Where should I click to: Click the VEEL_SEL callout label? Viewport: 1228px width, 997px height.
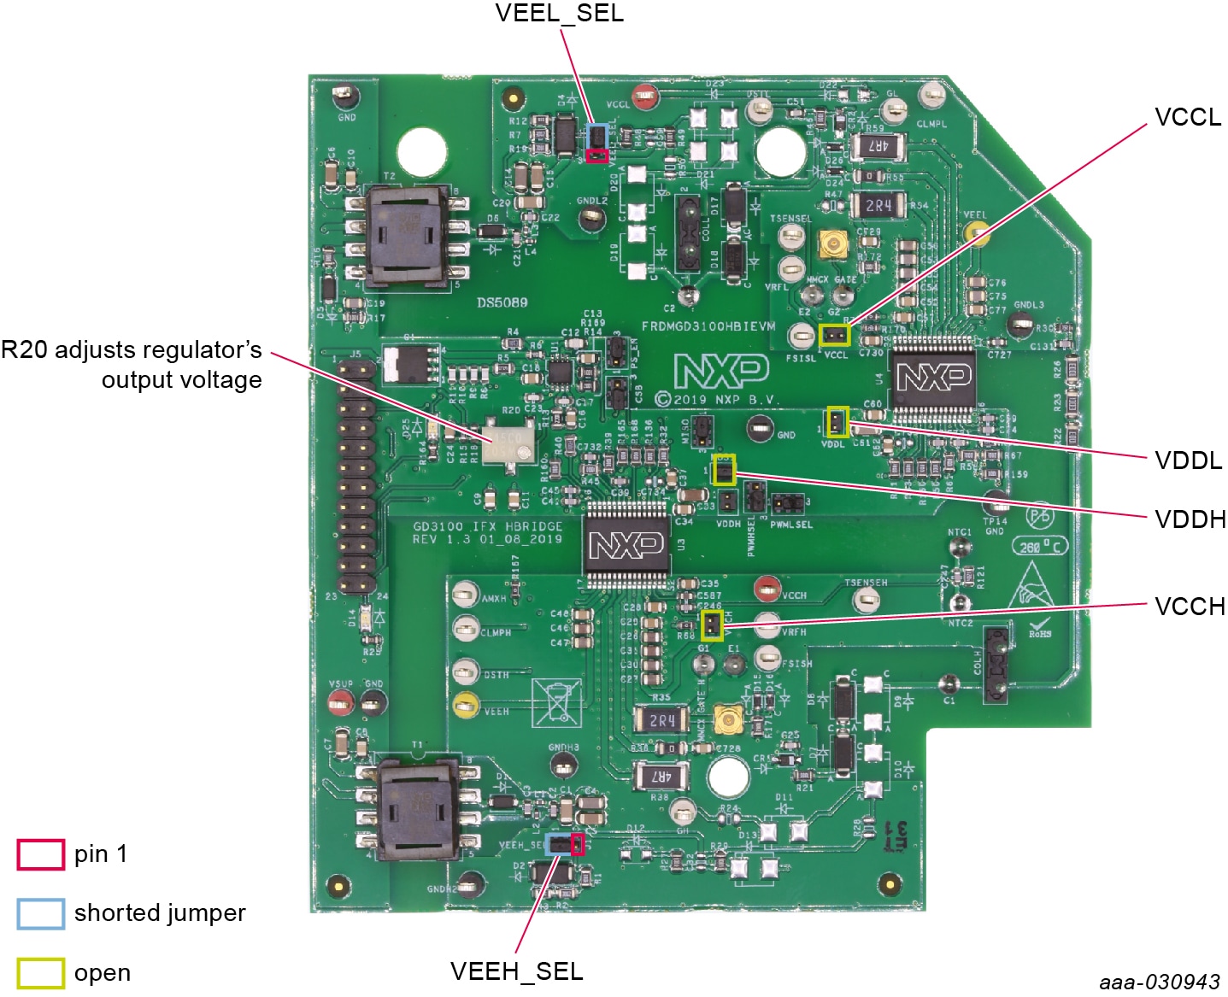click(x=559, y=14)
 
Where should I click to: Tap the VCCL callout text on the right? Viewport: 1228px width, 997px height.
click(x=1188, y=117)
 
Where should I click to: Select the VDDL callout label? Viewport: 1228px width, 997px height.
click(x=1188, y=460)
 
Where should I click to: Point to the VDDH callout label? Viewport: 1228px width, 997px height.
click(x=1190, y=519)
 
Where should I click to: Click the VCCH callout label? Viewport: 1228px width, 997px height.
click(x=1190, y=607)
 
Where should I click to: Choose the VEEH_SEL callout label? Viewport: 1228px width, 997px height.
click(x=516, y=971)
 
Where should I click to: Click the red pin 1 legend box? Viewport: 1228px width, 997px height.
click(x=40, y=854)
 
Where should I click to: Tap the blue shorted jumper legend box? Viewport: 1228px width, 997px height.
click(x=40, y=913)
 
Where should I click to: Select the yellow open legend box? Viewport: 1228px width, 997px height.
click(x=40, y=973)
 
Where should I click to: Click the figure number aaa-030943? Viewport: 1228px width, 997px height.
click(x=1160, y=982)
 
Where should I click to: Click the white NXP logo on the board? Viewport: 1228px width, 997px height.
click(x=720, y=371)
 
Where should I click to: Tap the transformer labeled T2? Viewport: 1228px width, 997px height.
click(x=408, y=234)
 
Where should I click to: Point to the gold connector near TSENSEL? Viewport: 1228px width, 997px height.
click(x=831, y=245)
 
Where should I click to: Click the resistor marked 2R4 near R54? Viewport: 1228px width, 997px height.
click(x=878, y=205)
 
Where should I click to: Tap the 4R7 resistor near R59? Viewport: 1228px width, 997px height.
click(x=878, y=145)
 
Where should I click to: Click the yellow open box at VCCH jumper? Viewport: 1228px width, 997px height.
click(x=711, y=625)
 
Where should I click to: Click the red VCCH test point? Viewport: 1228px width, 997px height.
click(x=766, y=587)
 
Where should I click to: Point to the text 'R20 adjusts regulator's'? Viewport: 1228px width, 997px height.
click(x=132, y=350)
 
